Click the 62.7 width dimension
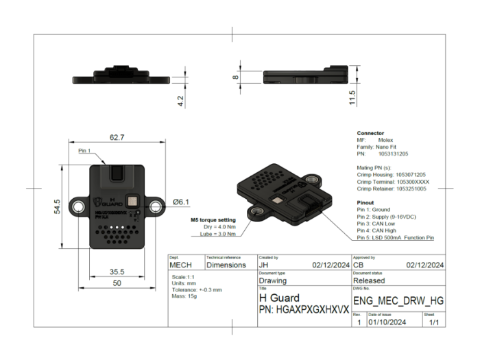click(x=117, y=137)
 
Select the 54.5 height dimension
click(x=58, y=205)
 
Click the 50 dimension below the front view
click(x=117, y=283)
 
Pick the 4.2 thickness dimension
click(x=180, y=99)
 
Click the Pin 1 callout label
click(x=85, y=150)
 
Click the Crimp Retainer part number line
click(x=392, y=188)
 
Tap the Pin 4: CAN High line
click(x=377, y=230)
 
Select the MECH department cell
click(x=181, y=264)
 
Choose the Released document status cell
click(x=369, y=280)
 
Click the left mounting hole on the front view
click(x=80, y=205)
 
